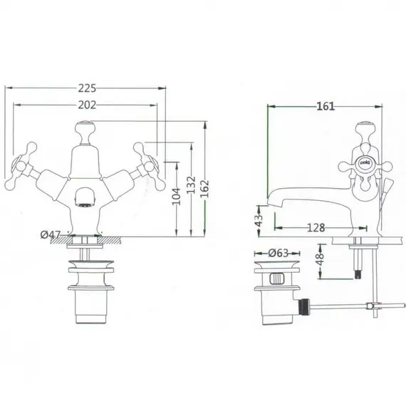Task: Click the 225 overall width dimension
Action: point(86,88)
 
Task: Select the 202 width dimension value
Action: point(86,105)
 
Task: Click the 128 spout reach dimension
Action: point(316,228)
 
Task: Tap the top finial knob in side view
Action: point(365,129)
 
